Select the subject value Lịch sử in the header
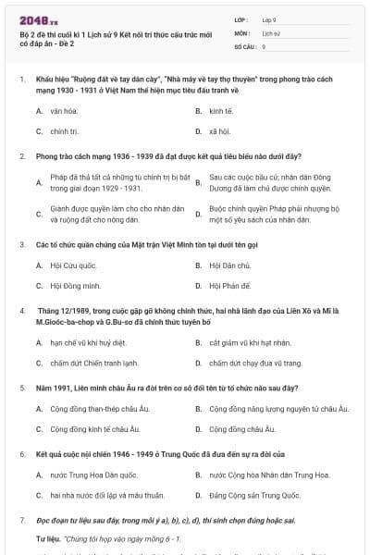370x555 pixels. pyautogui.click(x=270, y=32)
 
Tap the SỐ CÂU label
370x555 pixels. pyautogui.click(x=245, y=45)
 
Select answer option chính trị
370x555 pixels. pyautogui.click(x=63, y=131)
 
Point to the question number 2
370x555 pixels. pyautogui.click(x=21, y=156)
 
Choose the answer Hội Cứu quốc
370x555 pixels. pyautogui.click(x=70, y=265)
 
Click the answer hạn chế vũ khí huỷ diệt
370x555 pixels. pyautogui.click(x=91, y=342)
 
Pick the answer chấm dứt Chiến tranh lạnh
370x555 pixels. pyautogui.click(x=94, y=363)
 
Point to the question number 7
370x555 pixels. pyautogui.click(x=21, y=521)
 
